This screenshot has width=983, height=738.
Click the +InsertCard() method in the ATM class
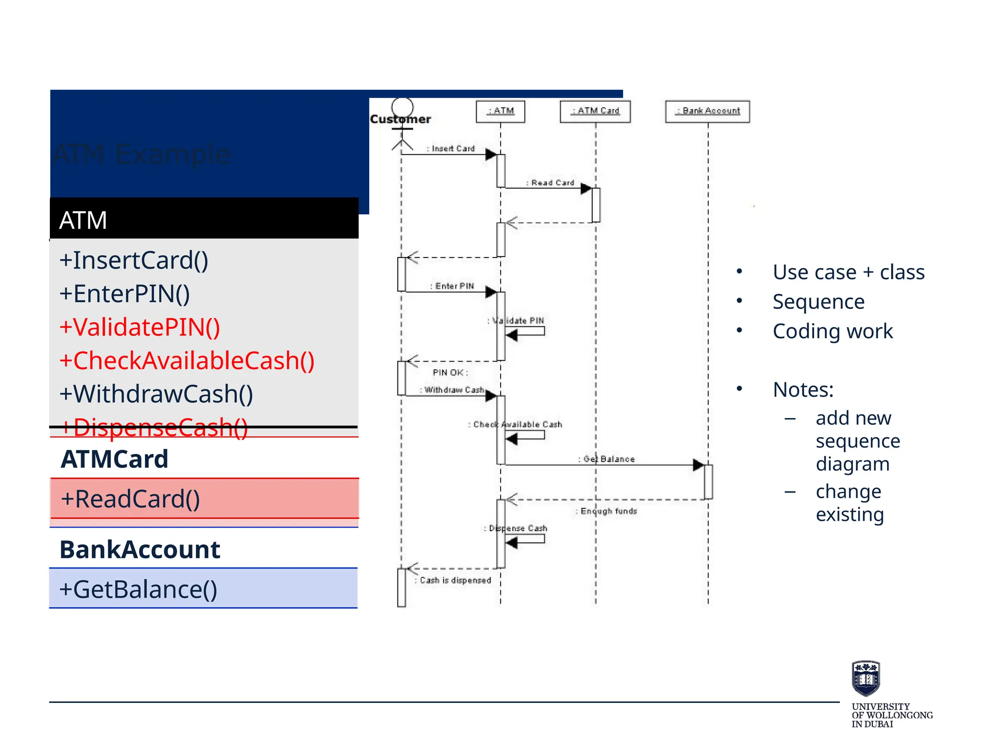[133, 260]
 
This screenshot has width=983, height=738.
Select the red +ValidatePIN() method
[139, 327]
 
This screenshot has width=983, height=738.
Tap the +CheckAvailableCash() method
[186, 360]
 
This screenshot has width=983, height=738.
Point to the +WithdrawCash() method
[156, 394]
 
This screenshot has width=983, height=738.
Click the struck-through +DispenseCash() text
[154, 428]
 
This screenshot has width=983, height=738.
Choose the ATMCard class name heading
[114, 459]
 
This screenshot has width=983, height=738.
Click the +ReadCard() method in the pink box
[130, 499]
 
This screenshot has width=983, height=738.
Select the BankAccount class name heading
[140, 550]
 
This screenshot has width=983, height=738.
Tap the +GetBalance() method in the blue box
[138, 590]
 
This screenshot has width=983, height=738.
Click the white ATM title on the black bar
[83, 221]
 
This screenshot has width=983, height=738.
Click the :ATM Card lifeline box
[595, 111]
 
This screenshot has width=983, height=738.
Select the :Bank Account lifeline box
[707, 111]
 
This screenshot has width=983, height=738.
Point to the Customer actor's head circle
[402, 107]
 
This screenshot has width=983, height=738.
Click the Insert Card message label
[451, 149]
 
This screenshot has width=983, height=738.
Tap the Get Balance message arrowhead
[698, 465]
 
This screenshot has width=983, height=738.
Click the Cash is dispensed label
[455, 580]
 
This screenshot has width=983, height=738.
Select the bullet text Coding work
[832, 332]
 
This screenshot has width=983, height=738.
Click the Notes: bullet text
[803, 390]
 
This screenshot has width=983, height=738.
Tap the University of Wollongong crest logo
[865, 678]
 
